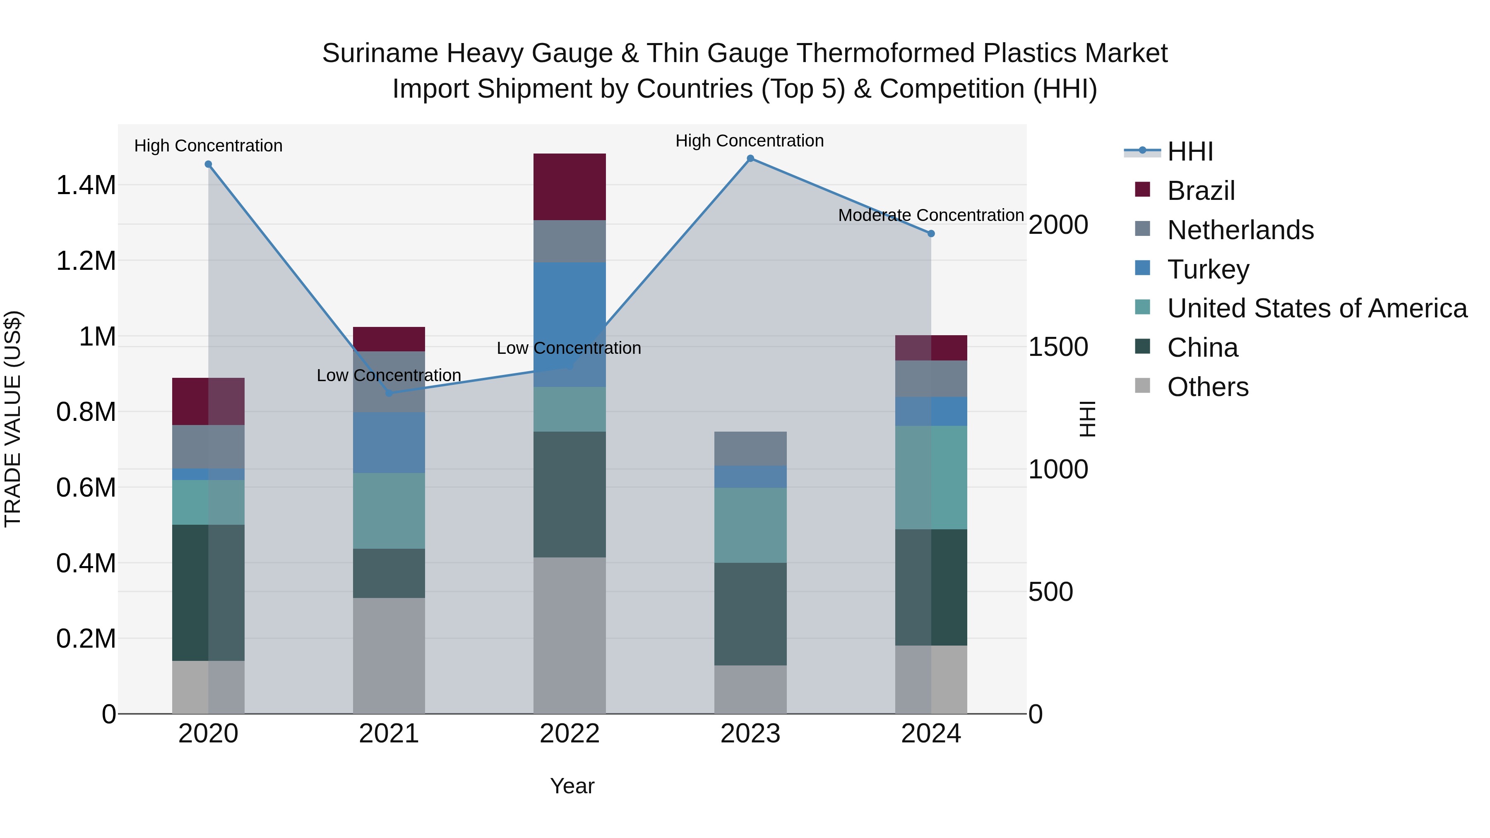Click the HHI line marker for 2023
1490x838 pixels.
coord(750,158)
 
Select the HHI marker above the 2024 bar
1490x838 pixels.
coord(931,234)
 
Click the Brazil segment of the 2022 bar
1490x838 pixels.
coord(569,186)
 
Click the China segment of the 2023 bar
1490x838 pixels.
coord(750,614)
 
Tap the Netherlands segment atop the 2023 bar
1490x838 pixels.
coord(750,448)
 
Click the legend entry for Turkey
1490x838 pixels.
coord(1208,269)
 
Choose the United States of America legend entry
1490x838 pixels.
coord(1317,308)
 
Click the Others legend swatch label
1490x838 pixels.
coord(1207,387)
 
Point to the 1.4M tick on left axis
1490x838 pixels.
coord(86,186)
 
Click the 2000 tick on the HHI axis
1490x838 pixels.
coord(1058,225)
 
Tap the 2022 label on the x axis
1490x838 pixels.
coord(569,734)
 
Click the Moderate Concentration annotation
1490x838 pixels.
coord(931,215)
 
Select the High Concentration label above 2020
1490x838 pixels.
coord(208,146)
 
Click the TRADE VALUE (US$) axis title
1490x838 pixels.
coord(13,419)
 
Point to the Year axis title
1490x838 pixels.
coord(572,786)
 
